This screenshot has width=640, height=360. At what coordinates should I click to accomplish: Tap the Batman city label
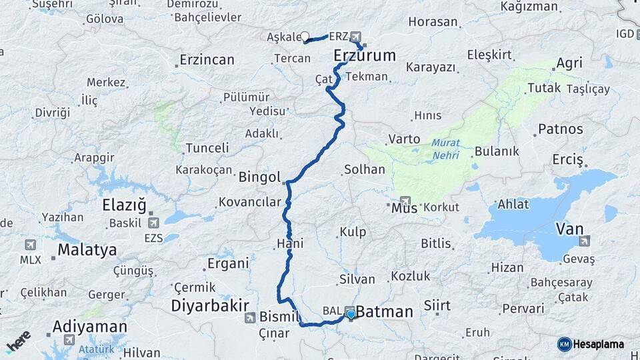pyautogui.click(x=385, y=312)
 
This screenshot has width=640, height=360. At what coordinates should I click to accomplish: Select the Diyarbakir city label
pyautogui.click(x=210, y=305)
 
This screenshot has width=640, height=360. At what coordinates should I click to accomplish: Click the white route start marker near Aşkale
pyautogui.click(x=305, y=37)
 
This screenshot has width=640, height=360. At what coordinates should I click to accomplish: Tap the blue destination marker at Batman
pyautogui.click(x=351, y=313)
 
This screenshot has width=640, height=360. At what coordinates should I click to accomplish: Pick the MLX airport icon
pyautogui.click(x=30, y=245)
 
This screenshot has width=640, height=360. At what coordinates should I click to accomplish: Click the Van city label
pyautogui.click(x=569, y=229)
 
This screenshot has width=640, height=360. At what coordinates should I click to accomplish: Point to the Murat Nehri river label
pyautogui.click(x=445, y=148)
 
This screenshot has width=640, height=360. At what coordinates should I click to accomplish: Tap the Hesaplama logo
pyautogui.click(x=590, y=344)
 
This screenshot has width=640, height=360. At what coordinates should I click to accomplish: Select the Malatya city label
pyautogui.click(x=87, y=250)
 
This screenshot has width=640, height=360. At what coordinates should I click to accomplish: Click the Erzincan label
pyautogui.click(x=207, y=60)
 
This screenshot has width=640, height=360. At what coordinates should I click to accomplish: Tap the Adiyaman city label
pyautogui.click(x=89, y=327)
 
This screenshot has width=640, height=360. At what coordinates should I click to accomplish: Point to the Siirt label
pyautogui.click(x=437, y=306)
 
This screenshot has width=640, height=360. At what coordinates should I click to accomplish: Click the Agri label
pyautogui.click(x=569, y=63)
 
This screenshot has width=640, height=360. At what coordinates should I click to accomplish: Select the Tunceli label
pyautogui.click(x=207, y=147)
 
